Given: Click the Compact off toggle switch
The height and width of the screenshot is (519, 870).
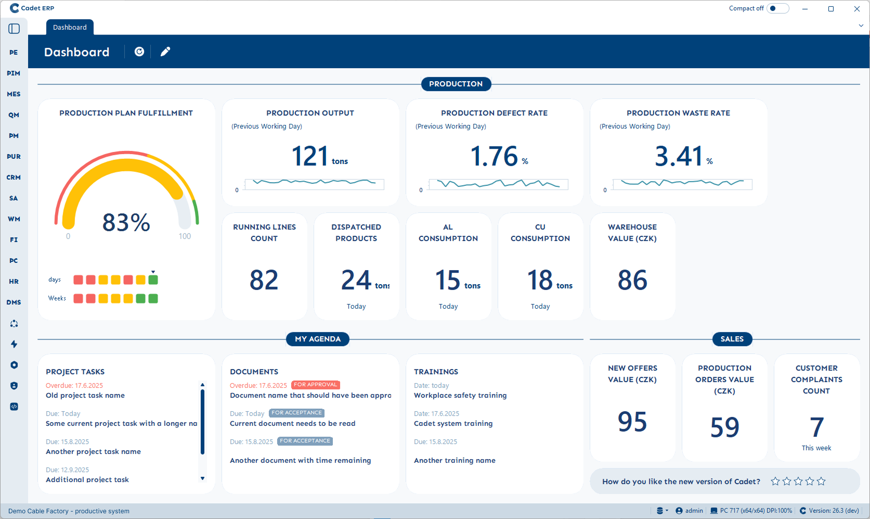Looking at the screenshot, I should point(777,8).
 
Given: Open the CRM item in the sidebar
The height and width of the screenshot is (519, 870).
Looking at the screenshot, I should point(14,178).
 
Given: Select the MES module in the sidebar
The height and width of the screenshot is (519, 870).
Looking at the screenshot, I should point(14,94).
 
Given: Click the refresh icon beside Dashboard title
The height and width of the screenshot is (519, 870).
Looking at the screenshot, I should point(139,52).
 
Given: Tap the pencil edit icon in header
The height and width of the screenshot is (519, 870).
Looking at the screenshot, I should point(165,52).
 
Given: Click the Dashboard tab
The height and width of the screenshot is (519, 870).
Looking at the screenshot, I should point(70,28).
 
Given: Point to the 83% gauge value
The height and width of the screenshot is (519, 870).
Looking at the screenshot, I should point(126,223).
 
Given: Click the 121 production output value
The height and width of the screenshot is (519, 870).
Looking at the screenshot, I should point(310,156).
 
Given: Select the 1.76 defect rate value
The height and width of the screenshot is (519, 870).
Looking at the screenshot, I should point(494,156).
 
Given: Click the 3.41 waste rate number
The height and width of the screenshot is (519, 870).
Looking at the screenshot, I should point(678,156).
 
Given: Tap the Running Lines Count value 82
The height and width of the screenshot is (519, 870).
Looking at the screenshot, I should point(264,280).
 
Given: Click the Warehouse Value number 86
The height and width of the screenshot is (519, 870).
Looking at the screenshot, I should point(632,280).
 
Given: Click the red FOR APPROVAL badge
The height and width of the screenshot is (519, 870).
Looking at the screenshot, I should point(315,385).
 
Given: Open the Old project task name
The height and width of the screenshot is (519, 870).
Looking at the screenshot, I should point(85,396).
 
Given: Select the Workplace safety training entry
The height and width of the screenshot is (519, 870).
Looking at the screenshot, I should point(460,396).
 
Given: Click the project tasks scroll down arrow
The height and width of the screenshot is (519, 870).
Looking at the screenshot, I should point(202,478).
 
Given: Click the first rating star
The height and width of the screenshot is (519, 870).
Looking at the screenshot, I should point(775,482).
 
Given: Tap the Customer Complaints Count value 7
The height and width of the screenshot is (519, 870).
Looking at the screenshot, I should point(816,427).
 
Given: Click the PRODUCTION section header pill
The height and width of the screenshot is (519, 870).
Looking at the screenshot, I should point(456,84).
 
